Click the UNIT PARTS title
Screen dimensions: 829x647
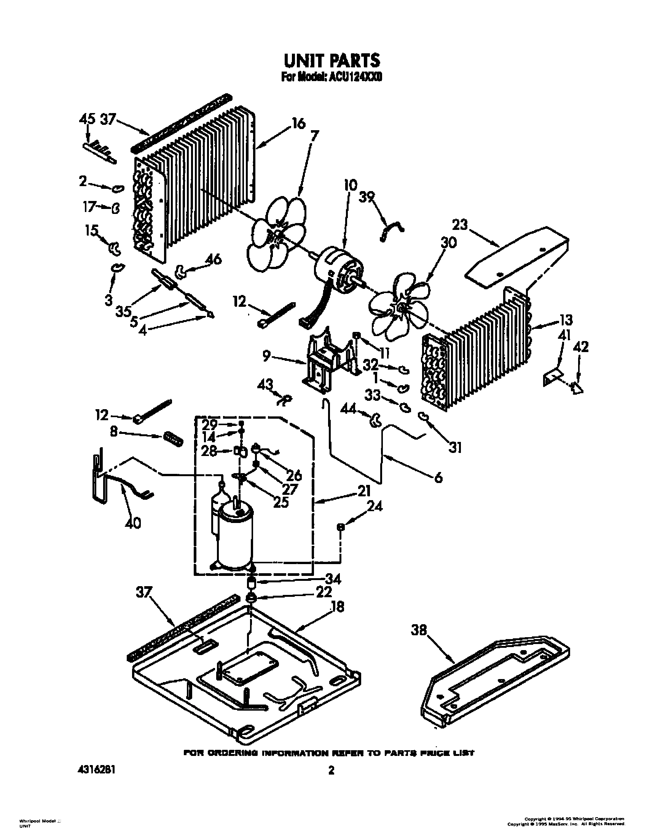pyautogui.click(x=331, y=60)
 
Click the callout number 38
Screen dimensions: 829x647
pyautogui.click(x=420, y=630)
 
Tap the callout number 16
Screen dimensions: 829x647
pyautogui.click(x=298, y=124)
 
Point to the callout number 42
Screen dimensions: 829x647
pyautogui.click(x=580, y=347)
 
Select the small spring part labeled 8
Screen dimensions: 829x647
pyautogui.click(x=174, y=438)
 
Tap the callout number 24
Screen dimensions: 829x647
pyautogui.click(x=375, y=507)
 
